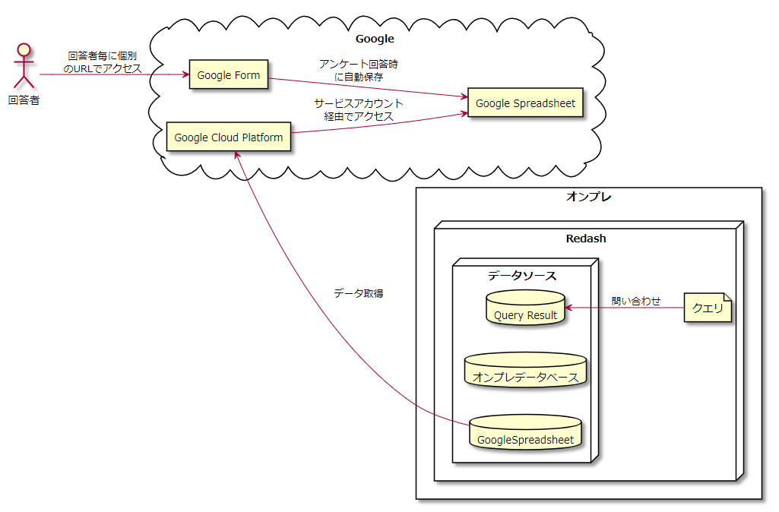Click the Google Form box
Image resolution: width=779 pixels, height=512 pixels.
(228, 74)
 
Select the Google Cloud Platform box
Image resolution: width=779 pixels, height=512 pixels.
(228, 137)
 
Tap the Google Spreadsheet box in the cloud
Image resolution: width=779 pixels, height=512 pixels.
(525, 103)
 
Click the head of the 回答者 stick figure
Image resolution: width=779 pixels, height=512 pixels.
(24, 51)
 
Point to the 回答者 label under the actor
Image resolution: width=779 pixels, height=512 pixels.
(24, 100)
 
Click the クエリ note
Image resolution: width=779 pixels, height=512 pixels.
(708, 308)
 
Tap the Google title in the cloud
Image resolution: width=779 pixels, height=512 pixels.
(375, 39)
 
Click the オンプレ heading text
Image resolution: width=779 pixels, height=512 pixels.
(589, 197)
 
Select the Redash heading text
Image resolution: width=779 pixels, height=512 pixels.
(586, 239)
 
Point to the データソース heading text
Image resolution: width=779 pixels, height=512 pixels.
(522, 275)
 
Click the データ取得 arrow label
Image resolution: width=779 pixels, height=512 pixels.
(358, 293)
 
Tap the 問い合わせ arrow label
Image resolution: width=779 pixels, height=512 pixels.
(636, 301)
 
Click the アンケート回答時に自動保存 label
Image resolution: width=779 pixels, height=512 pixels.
(359, 70)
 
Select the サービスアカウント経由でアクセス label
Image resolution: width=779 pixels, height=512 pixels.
(359, 109)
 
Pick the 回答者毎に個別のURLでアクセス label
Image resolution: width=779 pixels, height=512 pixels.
(103, 62)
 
